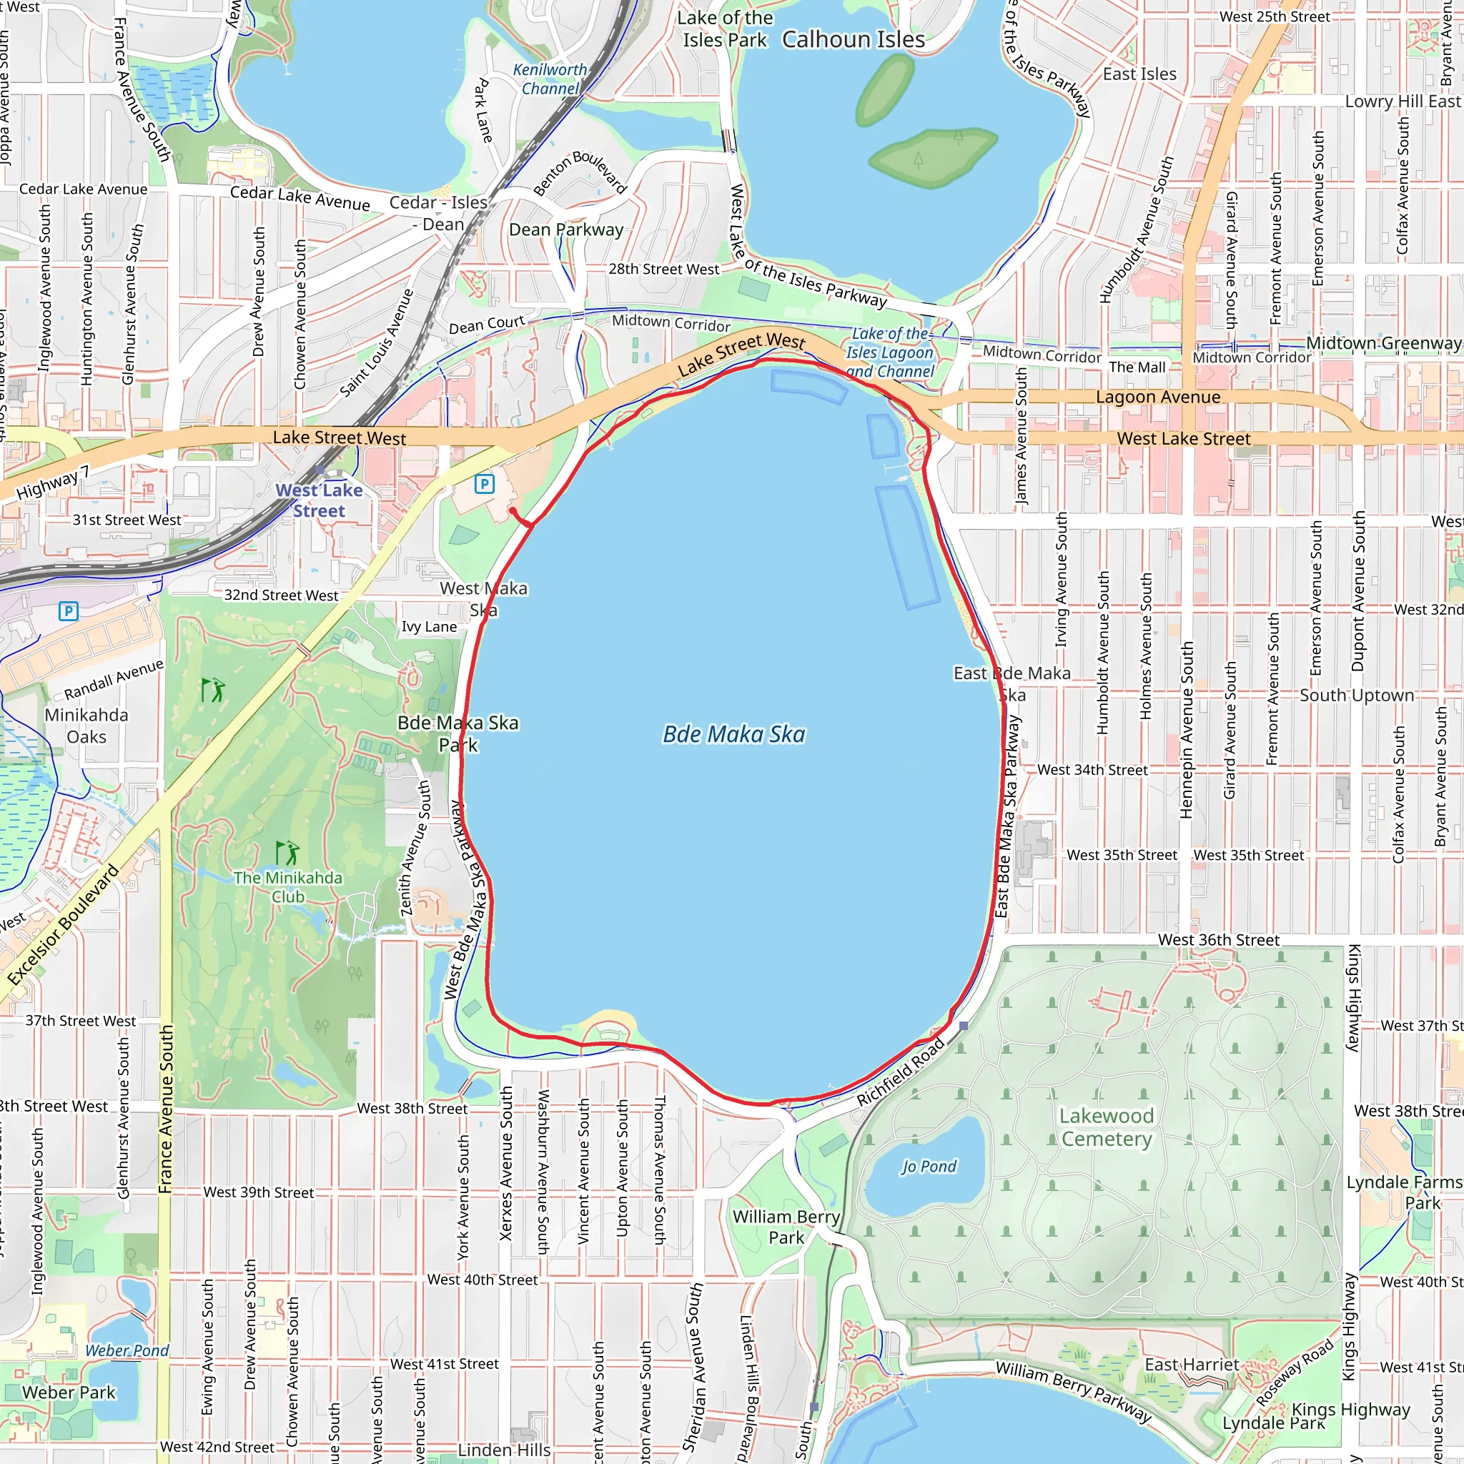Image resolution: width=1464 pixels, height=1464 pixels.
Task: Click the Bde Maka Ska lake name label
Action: tap(733, 734)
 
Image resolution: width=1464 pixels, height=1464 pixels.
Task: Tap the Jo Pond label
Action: tap(929, 1166)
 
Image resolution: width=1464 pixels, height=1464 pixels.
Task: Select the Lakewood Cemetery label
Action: tap(1107, 1127)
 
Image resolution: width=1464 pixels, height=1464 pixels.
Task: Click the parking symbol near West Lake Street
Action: tap(484, 483)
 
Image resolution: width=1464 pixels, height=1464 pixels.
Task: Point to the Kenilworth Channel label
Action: tap(550, 79)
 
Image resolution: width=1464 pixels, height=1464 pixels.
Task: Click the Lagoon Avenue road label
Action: tap(1158, 397)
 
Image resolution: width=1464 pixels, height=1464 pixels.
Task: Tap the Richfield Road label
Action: tap(901, 1072)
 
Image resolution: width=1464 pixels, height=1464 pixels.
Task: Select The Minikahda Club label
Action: tap(288, 886)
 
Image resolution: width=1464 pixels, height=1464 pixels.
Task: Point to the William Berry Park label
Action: tap(786, 1227)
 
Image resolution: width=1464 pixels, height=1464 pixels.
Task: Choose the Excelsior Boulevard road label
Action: tap(64, 925)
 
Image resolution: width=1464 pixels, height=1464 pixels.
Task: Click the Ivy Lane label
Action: tap(429, 627)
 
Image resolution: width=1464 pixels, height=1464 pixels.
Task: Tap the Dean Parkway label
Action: tap(566, 229)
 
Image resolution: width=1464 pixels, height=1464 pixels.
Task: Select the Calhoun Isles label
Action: tap(854, 39)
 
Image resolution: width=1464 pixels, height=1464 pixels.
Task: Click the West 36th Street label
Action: tap(1219, 939)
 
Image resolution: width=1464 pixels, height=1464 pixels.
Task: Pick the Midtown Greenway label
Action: tap(1383, 343)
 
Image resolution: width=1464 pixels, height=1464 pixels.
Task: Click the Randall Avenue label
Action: tap(114, 680)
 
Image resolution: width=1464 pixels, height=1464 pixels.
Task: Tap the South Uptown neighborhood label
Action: tap(1356, 696)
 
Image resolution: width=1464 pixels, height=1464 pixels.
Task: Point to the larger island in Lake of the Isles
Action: tap(933, 157)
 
